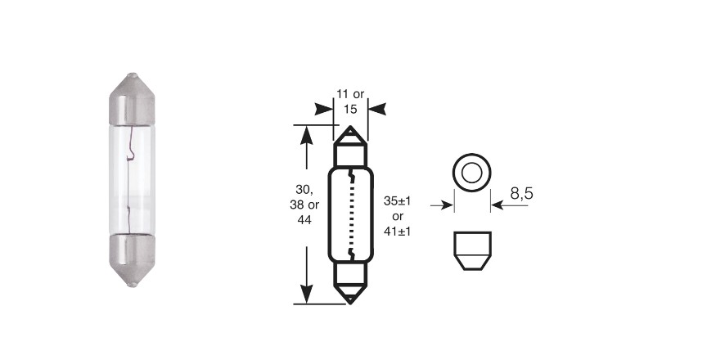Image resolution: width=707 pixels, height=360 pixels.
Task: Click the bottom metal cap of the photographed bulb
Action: [x=132, y=260]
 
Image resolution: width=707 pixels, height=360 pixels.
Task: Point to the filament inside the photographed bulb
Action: [x=130, y=179]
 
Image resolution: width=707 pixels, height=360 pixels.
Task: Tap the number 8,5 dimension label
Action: [x=522, y=193]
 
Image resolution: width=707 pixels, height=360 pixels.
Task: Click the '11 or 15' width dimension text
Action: [x=350, y=101]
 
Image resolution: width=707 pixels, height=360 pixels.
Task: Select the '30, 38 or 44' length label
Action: [x=304, y=204]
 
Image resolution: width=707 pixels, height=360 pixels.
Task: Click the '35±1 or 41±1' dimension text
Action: [x=397, y=216]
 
